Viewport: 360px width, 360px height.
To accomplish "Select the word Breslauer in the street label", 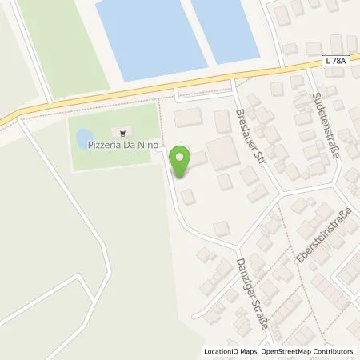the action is pyautogui.click(x=245, y=125).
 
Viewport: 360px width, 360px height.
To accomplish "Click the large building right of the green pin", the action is pyautogui.click(x=222, y=150).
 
